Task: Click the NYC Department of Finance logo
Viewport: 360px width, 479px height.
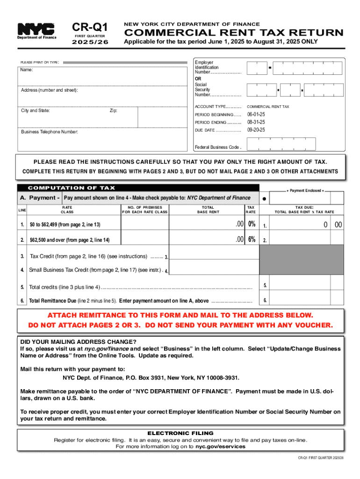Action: click(x=36, y=30)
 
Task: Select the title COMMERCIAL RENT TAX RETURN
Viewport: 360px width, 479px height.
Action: click(x=233, y=33)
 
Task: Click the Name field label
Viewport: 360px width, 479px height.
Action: click(x=26, y=70)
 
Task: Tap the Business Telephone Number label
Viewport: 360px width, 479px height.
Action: click(x=49, y=132)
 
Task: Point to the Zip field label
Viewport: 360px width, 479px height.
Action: click(x=114, y=111)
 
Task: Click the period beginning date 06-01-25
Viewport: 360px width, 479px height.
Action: click(x=256, y=115)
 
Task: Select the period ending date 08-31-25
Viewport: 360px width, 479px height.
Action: click(x=256, y=122)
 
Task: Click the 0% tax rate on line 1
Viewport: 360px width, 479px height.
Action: click(x=252, y=225)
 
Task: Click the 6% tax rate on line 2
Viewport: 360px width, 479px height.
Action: click(x=252, y=239)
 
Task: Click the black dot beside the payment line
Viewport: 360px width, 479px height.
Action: click(x=265, y=198)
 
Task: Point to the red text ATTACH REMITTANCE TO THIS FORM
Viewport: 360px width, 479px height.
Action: click(x=180, y=315)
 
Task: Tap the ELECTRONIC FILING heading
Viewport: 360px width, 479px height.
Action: click(x=180, y=433)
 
